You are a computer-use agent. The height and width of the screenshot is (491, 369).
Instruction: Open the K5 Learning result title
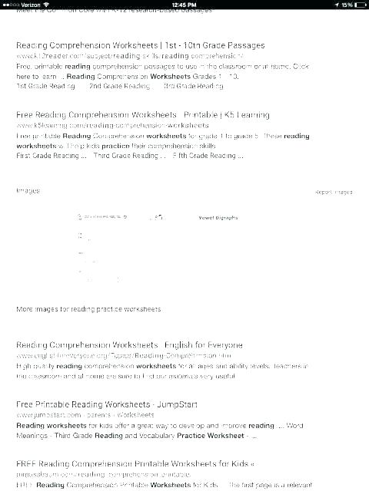[x=142, y=115]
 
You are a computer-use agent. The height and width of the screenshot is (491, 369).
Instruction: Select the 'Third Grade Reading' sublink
[x=129, y=156]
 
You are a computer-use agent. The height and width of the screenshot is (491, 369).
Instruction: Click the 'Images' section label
[x=28, y=190]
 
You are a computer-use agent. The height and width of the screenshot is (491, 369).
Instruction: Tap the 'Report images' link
[x=333, y=192]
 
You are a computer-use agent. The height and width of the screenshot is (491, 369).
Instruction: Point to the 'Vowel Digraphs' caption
[x=218, y=218]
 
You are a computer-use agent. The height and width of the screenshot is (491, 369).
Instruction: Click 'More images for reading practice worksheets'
[x=88, y=309]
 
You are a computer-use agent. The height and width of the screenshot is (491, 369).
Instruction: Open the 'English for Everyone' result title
[x=129, y=345]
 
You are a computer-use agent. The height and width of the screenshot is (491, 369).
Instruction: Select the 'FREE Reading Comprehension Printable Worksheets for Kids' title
[x=135, y=464]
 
